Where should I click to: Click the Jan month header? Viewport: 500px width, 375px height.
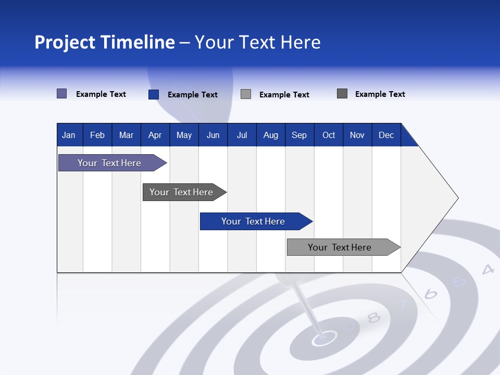[69, 135]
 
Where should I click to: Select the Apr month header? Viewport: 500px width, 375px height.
[155, 135]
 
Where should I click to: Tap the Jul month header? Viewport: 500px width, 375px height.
[242, 135]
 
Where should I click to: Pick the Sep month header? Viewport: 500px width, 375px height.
[299, 135]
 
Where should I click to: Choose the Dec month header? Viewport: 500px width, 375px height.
[386, 135]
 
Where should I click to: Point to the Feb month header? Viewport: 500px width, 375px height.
[97, 135]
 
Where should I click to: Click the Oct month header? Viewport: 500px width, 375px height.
[329, 135]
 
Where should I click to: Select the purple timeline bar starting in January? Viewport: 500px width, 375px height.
[109, 163]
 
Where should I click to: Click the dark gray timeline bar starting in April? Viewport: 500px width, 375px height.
[181, 192]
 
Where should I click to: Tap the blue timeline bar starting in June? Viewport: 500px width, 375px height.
[253, 221]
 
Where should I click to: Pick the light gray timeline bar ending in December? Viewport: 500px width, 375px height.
[340, 247]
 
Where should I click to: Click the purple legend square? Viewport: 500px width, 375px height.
[61, 94]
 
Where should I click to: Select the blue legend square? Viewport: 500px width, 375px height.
[154, 94]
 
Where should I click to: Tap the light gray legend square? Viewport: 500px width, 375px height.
[246, 94]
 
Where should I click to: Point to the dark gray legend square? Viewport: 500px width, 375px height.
[342, 94]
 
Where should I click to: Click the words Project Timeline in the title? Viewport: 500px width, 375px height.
[104, 42]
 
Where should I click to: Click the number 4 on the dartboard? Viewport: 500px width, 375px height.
[488, 269]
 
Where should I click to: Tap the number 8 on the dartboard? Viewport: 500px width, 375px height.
[373, 317]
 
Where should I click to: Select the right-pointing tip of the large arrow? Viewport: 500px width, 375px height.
[457, 198]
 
